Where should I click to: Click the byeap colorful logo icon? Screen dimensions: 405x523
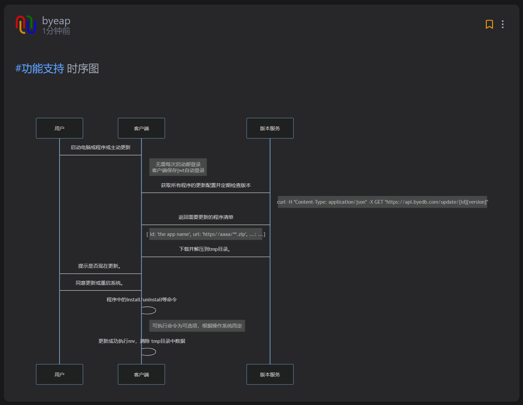pyautogui.click(x=26, y=25)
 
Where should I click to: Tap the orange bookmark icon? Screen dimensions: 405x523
pyautogui.click(x=489, y=24)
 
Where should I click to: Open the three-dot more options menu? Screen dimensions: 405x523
pyautogui.click(x=502, y=24)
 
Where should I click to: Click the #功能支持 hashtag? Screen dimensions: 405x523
pyautogui.click(x=40, y=68)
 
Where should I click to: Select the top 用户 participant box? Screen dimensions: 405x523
pyautogui.click(x=60, y=128)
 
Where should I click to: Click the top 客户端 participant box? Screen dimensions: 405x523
pyautogui.click(x=141, y=128)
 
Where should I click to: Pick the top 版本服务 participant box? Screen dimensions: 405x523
pyautogui.click(x=270, y=128)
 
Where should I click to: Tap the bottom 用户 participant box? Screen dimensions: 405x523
pyautogui.click(x=60, y=374)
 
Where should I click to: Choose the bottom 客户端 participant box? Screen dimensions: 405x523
pyautogui.click(x=141, y=374)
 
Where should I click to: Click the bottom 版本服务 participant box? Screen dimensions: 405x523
pyautogui.click(x=270, y=374)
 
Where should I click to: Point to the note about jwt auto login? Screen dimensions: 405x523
pyautogui.click(x=178, y=167)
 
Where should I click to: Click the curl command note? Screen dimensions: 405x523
pyautogui.click(x=382, y=202)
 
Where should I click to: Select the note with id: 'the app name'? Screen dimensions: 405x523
pyautogui.click(x=206, y=234)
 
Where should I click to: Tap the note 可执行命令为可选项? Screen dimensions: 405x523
pyautogui.click(x=197, y=326)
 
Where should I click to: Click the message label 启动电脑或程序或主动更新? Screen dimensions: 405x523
pyautogui.click(x=100, y=148)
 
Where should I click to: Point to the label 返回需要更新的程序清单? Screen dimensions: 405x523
pyautogui.click(x=206, y=217)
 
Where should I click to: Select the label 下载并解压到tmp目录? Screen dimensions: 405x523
pyautogui.click(x=205, y=249)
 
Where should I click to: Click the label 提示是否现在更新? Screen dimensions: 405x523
pyautogui.click(x=100, y=266)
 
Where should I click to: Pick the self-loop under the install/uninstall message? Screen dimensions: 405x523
pyautogui.click(x=149, y=310)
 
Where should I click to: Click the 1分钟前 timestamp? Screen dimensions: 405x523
pyautogui.click(x=56, y=31)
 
